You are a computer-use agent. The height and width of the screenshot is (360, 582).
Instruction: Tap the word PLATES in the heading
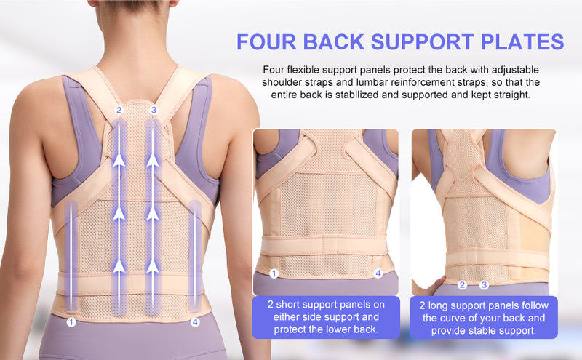[x=522, y=41]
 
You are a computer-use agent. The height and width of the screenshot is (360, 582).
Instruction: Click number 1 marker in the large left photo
[x=71, y=321]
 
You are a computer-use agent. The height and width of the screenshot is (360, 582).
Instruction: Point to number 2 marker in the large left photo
[x=119, y=110]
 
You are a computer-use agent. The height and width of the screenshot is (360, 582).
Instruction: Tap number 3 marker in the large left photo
[x=154, y=110]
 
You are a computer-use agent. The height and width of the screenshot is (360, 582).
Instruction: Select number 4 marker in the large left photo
[x=195, y=321]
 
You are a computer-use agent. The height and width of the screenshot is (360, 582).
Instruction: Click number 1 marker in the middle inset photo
[x=274, y=274]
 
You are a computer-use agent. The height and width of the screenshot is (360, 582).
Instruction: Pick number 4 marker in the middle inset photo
[x=378, y=274]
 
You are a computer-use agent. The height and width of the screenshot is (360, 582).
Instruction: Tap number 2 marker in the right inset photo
[x=462, y=285]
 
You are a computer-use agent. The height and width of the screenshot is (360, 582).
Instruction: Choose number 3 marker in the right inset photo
[x=484, y=285]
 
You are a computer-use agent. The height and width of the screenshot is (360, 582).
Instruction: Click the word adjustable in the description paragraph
[x=515, y=70]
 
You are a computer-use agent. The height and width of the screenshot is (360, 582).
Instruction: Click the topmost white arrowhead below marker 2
[x=119, y=160]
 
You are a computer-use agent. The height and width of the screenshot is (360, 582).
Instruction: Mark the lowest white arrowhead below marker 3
[x=153, y=266]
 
